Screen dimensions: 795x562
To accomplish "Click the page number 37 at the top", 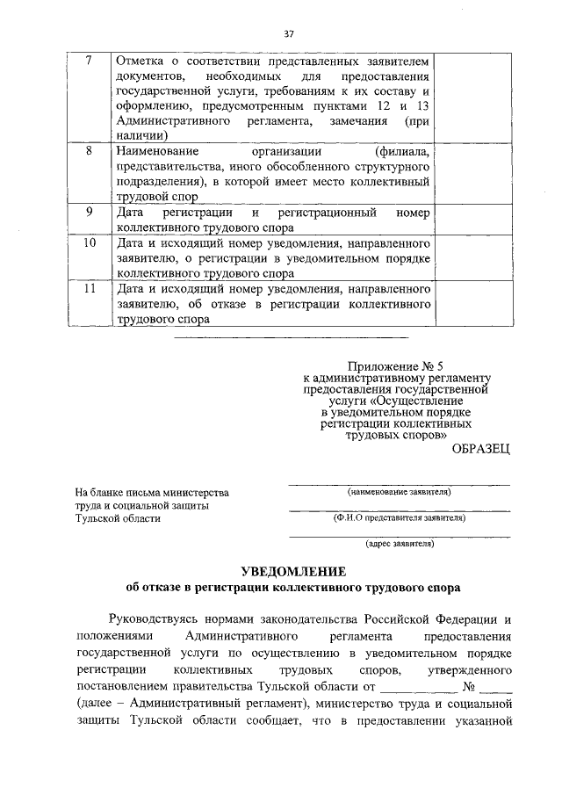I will [288, 34].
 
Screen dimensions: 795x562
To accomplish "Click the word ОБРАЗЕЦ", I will [479, 450].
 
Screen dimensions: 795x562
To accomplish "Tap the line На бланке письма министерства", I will [152, 492].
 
